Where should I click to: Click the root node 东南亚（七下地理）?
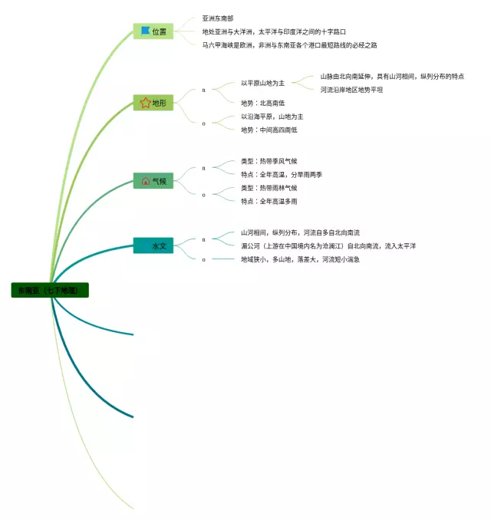(51, 291)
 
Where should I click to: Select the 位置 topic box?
(153, 31)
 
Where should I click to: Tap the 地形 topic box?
(153, 103)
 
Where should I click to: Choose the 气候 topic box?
(153, 181)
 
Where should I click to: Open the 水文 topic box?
(153, 246)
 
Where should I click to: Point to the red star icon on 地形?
(145, 103)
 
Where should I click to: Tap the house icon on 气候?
(145, 181)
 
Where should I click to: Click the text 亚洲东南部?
(218, 18)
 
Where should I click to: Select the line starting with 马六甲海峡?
(289, 45)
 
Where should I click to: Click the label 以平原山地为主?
(262, 83)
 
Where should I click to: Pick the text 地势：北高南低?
(262, 103)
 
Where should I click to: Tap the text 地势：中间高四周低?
(269, 130)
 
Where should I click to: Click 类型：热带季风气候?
(269, 162)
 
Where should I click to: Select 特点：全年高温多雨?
(269, 201)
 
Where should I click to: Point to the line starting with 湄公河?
(328, 246)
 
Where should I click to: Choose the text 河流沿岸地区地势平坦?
(351, 90)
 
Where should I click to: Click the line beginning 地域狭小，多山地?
(300, 259)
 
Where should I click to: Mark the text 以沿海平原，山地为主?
(272, 117)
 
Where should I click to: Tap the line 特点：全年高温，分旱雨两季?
(281, 175)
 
